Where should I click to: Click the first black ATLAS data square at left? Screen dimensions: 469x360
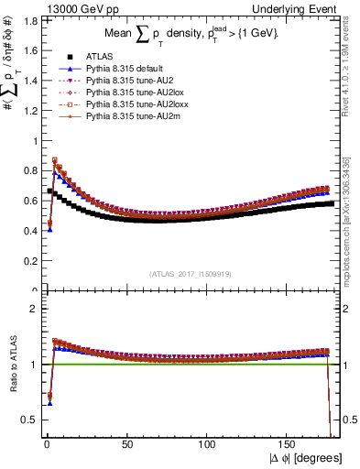pos(49,191)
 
